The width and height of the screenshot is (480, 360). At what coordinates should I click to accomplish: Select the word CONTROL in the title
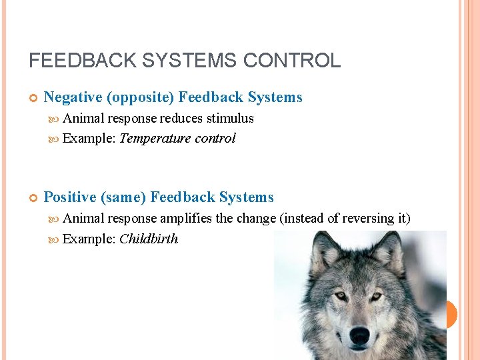point(292,61)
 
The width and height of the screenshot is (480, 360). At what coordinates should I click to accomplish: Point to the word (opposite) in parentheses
point(141,97)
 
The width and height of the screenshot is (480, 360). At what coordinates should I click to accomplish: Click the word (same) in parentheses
point(123,197)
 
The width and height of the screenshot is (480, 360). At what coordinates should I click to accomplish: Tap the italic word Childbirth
point(149,239)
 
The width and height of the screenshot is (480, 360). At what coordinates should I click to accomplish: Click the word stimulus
point(230,118)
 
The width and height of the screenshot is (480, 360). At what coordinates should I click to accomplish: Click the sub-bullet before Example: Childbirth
point(55,239)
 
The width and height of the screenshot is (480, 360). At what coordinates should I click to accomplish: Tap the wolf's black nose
point(359,334)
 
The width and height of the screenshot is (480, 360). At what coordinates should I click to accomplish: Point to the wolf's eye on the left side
point(341,295)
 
